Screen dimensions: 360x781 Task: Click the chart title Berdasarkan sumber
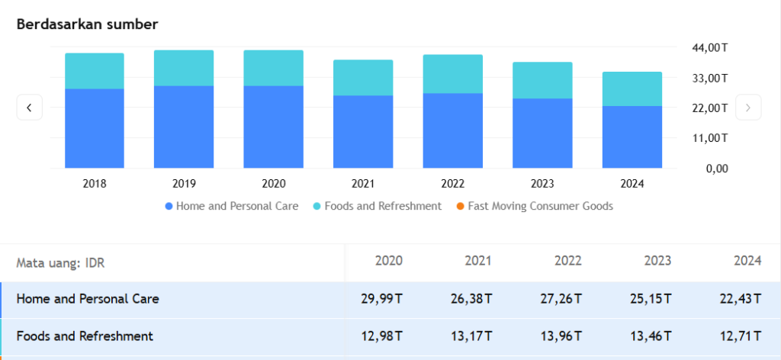(x=87, y=24)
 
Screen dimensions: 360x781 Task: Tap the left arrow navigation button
(x=29, y=108)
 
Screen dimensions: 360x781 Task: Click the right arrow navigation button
(x=748, y=108)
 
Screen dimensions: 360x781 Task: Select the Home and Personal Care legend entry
(x=231, y=206)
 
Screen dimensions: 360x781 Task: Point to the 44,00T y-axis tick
(x=710, y=47)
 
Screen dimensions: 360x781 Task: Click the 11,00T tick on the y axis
(x=710, y=138)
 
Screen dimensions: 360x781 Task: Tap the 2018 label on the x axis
(x=94, y=184)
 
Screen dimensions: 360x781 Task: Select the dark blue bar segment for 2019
(x=184, y=127)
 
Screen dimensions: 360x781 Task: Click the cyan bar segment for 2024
(x=632, y=88)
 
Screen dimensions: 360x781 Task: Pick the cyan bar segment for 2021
(x=363, y=78)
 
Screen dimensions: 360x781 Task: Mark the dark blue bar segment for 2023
(x=542, y=133)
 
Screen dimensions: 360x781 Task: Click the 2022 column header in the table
(x=568, y=261)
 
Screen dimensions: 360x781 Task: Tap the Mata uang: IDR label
(x=60, y=263)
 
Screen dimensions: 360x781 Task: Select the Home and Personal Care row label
(x=88, y=299)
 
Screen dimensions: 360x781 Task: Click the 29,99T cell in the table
(x=381, y=299)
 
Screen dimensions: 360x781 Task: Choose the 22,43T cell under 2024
(x=740, y=299)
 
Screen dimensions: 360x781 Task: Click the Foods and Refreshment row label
(x=85, y=336)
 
